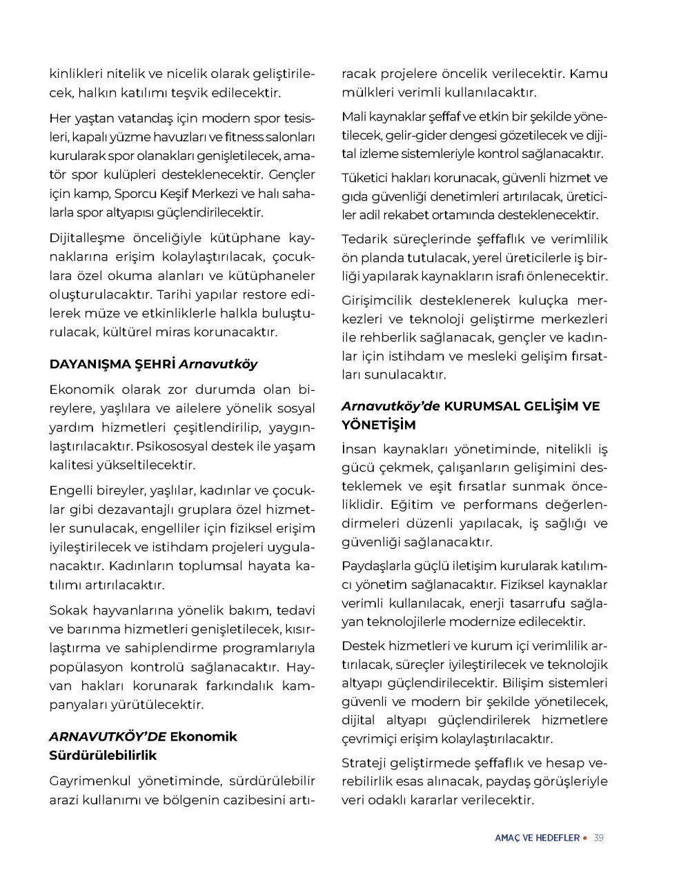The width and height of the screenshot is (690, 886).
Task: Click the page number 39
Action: click(x=598, y=838)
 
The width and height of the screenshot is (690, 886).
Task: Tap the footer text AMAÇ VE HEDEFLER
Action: click(x=537, y=838)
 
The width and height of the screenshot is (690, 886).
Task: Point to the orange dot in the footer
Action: click(x=585, y=838)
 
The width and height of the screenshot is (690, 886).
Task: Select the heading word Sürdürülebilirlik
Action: click(x=103, y=755)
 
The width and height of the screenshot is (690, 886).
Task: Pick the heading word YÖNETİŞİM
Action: click(x=379, y=425)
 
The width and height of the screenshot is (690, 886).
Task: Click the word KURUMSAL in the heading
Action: click(x=486, y=406)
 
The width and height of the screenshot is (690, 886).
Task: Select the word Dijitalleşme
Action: click(x=88, y=238)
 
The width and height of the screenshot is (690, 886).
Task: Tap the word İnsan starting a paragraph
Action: click(x=359, y=450)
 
